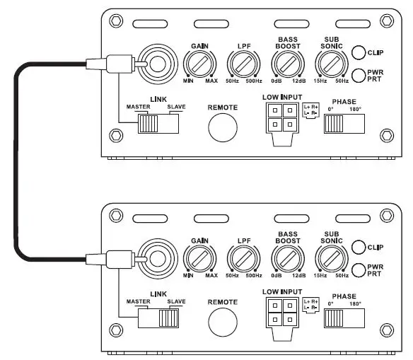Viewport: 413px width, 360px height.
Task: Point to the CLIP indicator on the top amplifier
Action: click(359, 52)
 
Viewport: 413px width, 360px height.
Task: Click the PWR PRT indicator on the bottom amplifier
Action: click(359, 269)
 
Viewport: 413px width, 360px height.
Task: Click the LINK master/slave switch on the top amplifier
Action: click(158, 124)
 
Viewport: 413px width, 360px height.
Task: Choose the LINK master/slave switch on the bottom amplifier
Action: click(158, 318)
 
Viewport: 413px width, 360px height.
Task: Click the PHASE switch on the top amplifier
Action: click(344, 124)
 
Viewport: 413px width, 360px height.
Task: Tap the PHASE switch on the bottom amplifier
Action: click(344, 318)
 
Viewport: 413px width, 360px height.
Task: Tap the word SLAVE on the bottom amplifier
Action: click(176, 302)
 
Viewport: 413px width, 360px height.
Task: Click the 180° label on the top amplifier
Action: click(354, 110)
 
